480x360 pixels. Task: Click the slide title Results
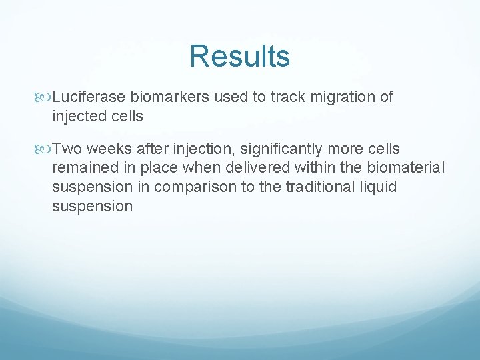point(239,56)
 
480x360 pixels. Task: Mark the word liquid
point(377,187)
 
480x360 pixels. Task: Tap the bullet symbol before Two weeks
point(45,149)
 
